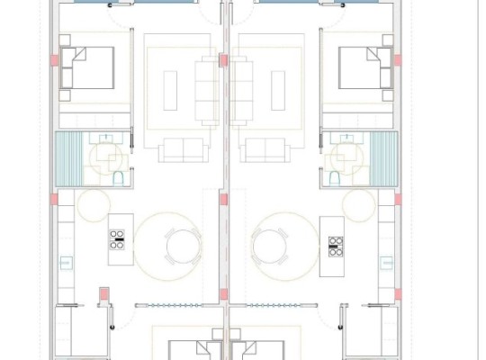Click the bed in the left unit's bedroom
[87, 67]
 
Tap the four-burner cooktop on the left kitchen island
[117, 239]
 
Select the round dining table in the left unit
[183, 244]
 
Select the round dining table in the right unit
[270, 244]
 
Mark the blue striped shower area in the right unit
[385, 159]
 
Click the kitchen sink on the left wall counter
[65, 263]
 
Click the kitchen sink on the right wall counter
[389, 263]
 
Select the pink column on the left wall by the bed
[55, 59]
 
